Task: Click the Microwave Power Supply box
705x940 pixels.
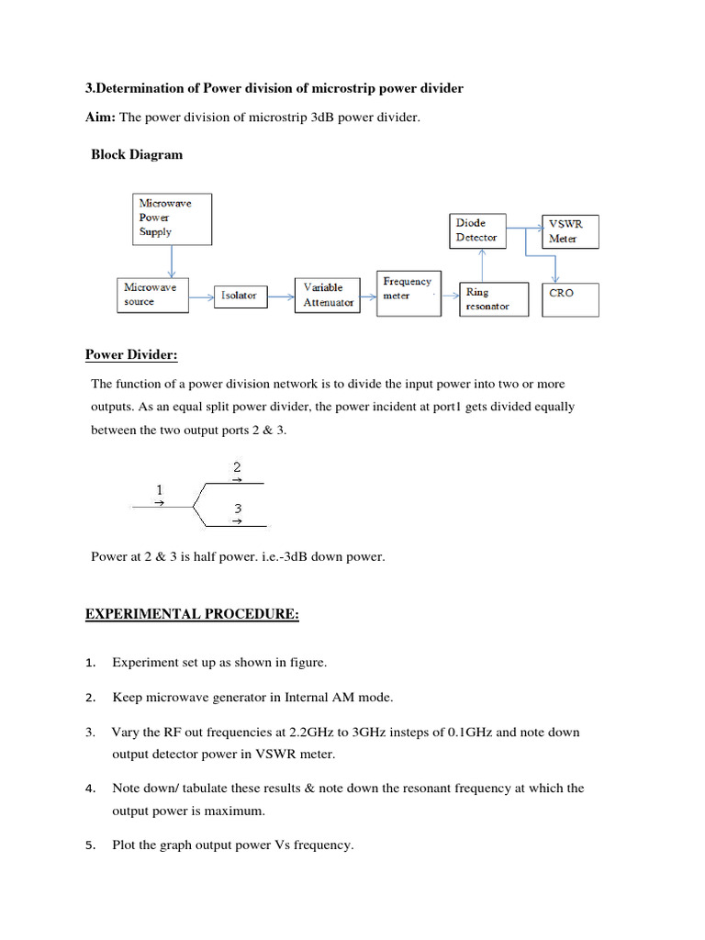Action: [173, 218]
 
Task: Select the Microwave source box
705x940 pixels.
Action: [151, 295]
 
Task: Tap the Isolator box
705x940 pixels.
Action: [240, 296]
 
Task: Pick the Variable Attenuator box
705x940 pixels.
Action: [329, 295]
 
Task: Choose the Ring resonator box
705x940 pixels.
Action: [495, 299]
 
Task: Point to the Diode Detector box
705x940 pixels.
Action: [478, 230]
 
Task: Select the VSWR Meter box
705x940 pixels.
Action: [571, 231]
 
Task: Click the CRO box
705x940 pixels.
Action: [571, 299]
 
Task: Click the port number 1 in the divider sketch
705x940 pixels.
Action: [160, 490]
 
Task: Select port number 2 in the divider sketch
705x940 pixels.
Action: [237, 466]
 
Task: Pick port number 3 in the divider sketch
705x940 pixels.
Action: [237, 509]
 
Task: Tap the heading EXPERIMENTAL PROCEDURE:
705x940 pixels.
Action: [193, 615]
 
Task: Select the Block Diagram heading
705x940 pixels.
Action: [137, 154]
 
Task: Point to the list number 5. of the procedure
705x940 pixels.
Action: [90, 845]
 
